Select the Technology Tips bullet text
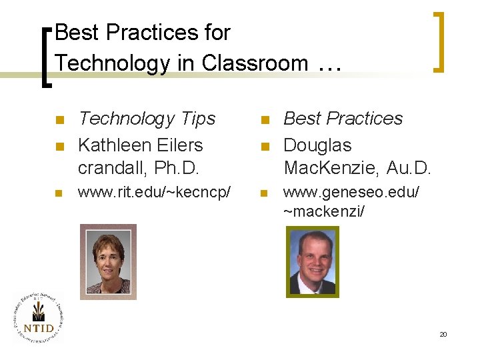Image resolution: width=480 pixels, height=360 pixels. [x=147, y=119]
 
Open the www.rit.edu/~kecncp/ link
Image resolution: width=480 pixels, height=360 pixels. [x=155, y=193]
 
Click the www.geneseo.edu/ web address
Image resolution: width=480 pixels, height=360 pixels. [x=351, y=193]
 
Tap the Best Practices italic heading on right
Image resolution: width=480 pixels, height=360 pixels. [x=343, y=119]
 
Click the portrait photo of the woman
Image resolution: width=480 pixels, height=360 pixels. [x=108, y=261]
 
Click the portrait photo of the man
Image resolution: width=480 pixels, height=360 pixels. [x=312, y=261]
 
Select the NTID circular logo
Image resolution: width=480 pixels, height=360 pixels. [x=38, y=319]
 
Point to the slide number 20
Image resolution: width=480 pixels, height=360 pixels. [x=443, y=334]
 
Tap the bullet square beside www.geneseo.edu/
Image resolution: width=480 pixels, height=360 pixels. [x=263, y=194]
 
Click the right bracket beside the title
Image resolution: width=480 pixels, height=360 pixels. [x=439, y=41]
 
